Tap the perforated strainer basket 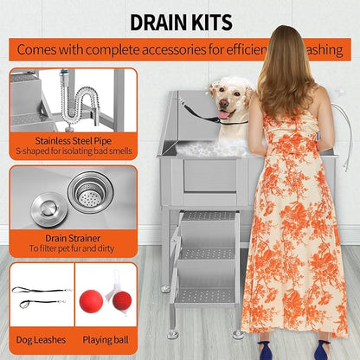[89, 194]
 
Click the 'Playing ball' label [106, 340]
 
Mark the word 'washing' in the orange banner [325, 50]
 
